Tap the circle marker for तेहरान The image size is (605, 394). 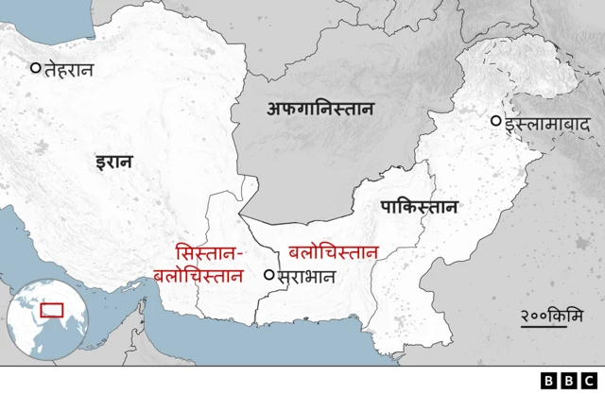[x=36, y=67]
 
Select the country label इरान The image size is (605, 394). [x=113, y=162]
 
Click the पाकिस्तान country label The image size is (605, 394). [x=419, y=207]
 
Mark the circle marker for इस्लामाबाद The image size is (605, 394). [x=494, y=121]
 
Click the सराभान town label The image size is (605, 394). [x=306, y=277]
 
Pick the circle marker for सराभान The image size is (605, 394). [x=269, y=275]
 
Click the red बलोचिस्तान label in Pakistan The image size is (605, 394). [x=334, y=252]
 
